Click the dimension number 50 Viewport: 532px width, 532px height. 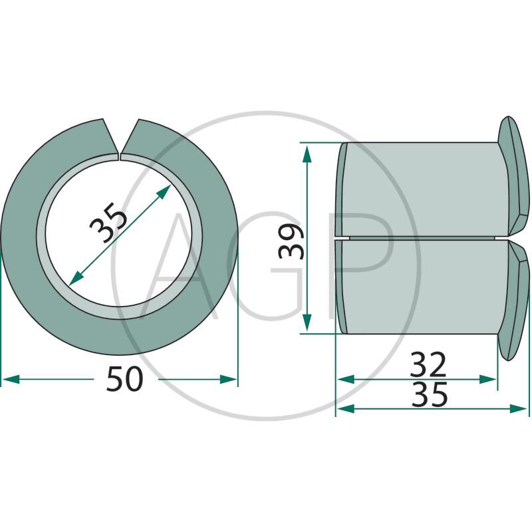tap(124, 379)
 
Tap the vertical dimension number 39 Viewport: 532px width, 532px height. tap(291, 241)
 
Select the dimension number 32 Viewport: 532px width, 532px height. tap(428, 364)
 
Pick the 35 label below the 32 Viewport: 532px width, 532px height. tap(430, 394)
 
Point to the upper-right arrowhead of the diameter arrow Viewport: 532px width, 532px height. tap(163, 192)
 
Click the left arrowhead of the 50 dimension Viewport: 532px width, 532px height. tap(11, 379)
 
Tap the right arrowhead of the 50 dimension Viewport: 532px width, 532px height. tap(228, 379)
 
